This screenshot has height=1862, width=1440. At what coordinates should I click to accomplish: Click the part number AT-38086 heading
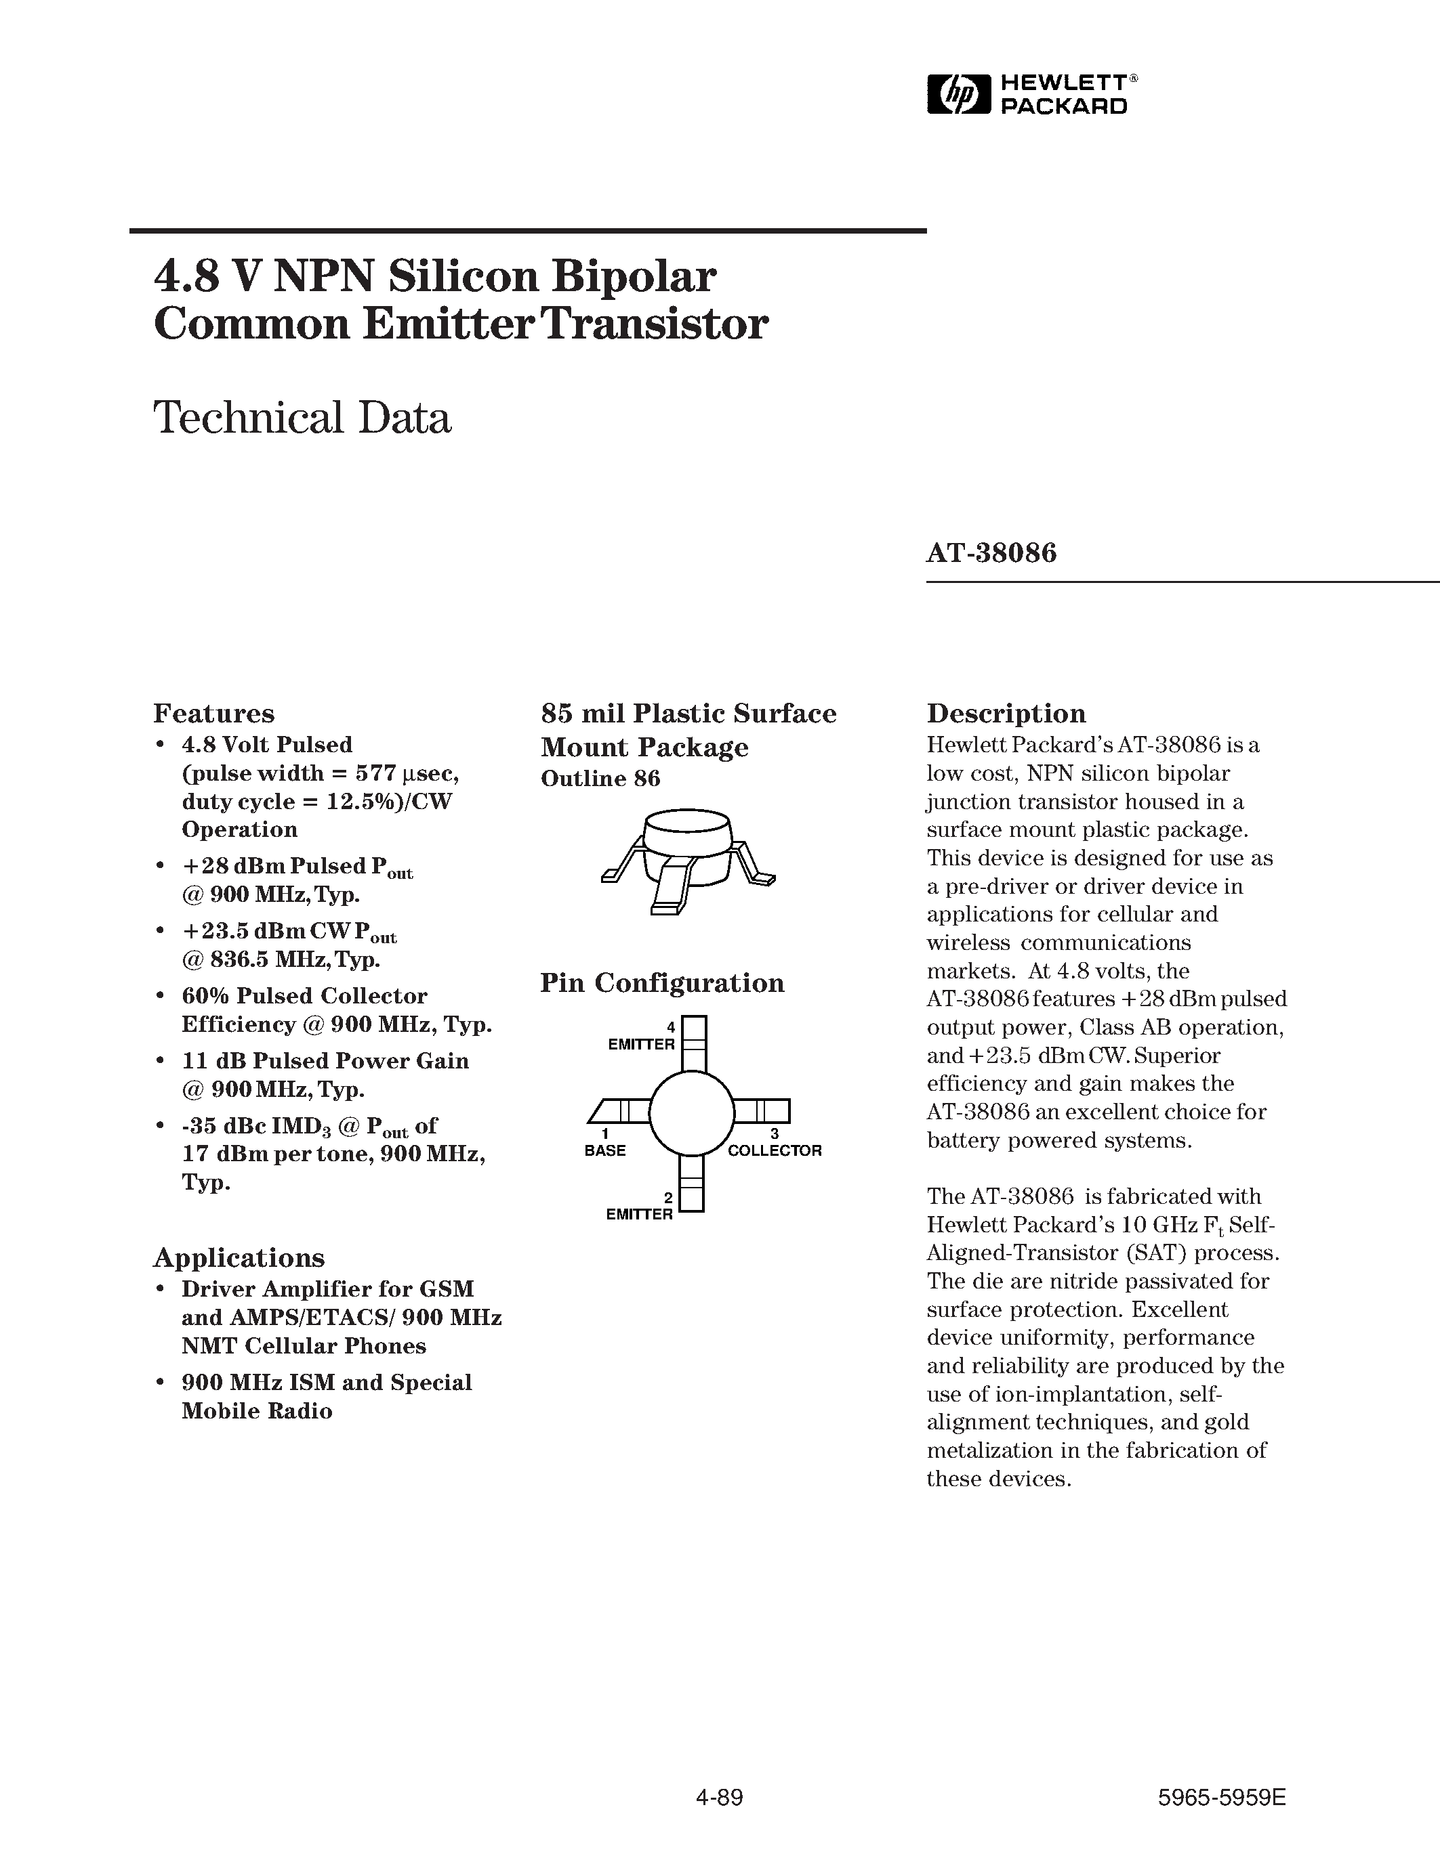(x=991, y=553)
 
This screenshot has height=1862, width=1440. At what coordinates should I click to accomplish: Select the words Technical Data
(x=302, y=418)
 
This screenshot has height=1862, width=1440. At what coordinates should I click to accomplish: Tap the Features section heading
(x=213, y=713)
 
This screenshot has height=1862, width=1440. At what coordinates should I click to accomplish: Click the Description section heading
(x=1006, y=713)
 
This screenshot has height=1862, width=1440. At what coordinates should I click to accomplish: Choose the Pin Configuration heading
(x=662, y=983)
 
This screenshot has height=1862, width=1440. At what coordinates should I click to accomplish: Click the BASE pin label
(x=605, y=1150)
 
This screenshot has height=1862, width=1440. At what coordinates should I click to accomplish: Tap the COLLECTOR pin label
(x=775, y=1150)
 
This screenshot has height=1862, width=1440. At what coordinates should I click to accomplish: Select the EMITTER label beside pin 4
(x=640, y=1044)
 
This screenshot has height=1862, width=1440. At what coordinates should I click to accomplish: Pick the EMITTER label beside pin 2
(x=639, y=1214)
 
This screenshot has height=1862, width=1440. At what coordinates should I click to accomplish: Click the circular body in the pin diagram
(x=692, y=1112)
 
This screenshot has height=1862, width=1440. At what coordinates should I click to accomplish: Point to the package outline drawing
(x=688, y=861)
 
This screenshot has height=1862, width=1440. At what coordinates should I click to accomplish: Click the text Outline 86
(x=600, y=779)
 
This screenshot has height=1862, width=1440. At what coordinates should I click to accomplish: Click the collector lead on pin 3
(x=764, y=1111)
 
